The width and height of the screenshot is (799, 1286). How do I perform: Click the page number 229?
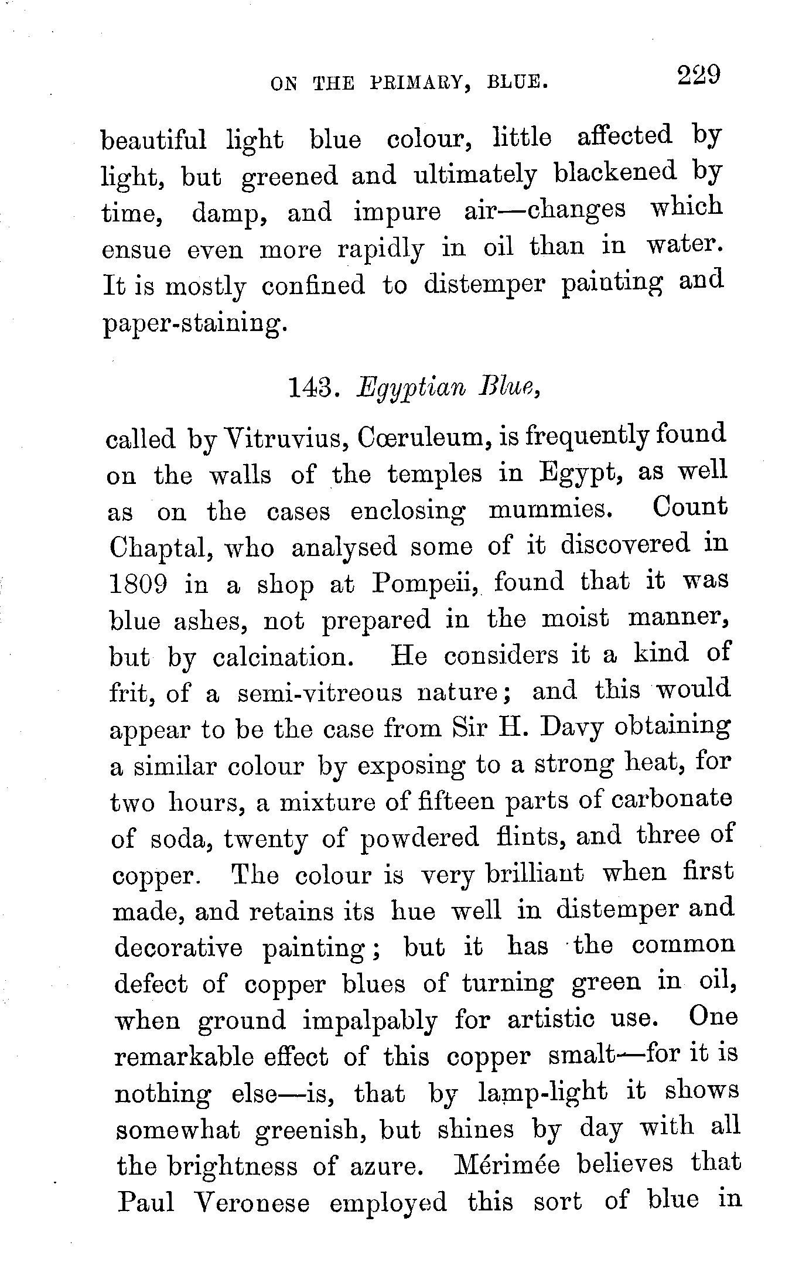698,77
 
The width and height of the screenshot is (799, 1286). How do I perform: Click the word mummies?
550,510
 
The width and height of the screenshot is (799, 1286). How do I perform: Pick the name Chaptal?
158,548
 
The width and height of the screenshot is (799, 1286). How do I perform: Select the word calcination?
283,657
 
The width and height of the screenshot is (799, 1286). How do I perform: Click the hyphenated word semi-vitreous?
320,694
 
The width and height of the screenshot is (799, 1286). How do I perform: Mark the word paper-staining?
196,323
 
